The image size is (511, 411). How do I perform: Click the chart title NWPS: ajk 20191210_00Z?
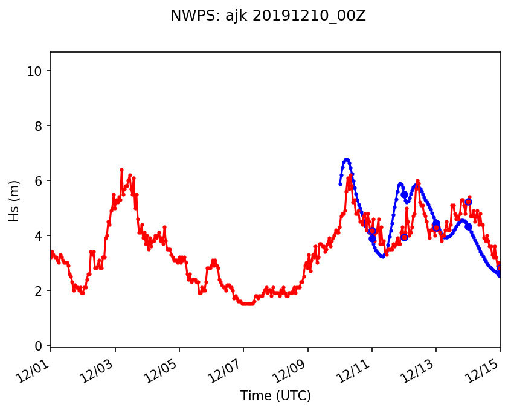(268, 16)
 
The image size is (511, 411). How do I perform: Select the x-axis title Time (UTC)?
(275, 396)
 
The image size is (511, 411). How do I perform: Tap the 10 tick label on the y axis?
(36, 71)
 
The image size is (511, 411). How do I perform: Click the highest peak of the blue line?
(346, 159)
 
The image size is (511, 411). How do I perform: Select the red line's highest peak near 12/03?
(121, 170)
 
